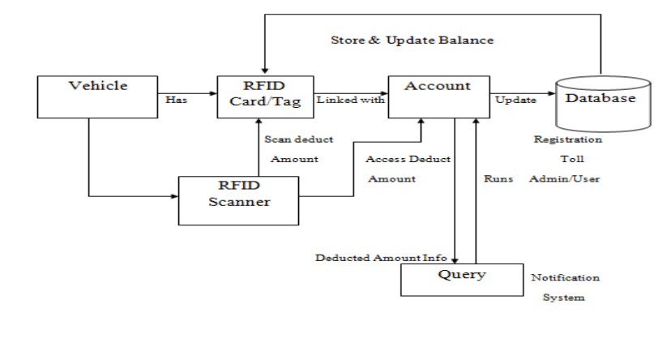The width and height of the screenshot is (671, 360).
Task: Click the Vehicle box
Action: (98, 96)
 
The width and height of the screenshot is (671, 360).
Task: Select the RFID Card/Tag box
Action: (265, 96)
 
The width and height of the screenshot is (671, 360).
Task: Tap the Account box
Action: (438, 96)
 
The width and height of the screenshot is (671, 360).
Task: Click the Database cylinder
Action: (600, 101)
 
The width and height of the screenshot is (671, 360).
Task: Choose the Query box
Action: (462, 281)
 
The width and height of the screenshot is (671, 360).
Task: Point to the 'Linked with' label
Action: (351, 100)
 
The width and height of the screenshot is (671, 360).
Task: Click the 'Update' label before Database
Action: (515, 101)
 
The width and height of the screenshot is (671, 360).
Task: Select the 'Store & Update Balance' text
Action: (412, 40)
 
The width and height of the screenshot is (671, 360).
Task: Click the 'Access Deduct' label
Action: (408, 159)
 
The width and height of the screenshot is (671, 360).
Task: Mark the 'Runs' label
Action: (498, 178)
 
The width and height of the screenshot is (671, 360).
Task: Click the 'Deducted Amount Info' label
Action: (381, 258)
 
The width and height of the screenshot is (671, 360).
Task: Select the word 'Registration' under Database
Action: (567, 139)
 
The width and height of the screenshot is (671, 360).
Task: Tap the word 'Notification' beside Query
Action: (566, 277)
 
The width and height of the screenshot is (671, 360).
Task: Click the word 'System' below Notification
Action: (563, 298)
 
